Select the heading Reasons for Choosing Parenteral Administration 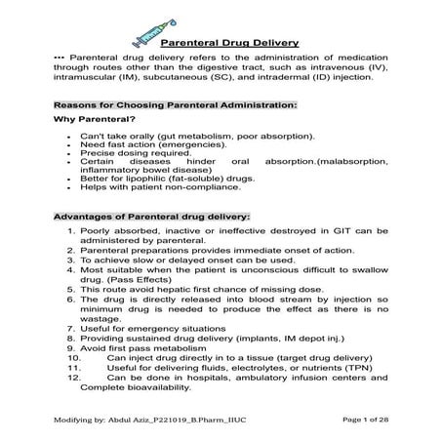point(175,102)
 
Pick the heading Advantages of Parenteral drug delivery point(151,215)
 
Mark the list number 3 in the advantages point(71,261)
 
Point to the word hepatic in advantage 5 point(160,290)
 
